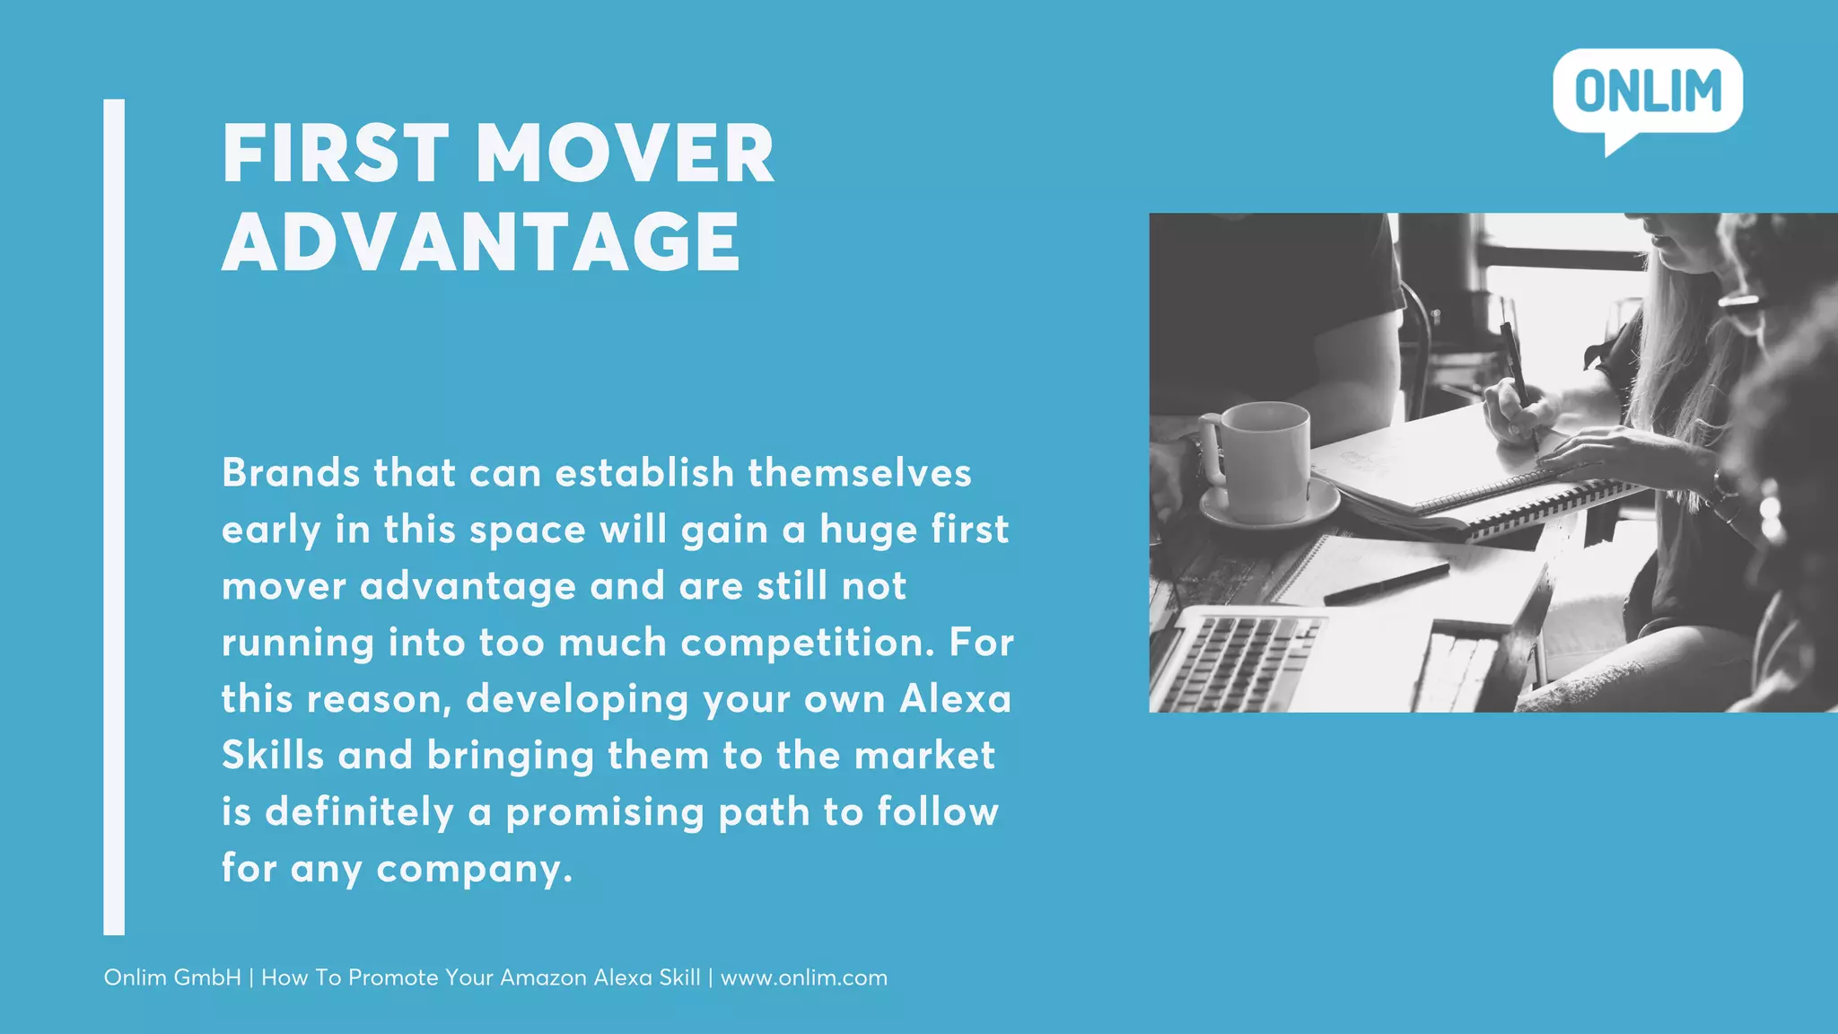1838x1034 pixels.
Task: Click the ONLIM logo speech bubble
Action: point(1648,92)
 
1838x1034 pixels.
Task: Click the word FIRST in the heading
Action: point(335,154)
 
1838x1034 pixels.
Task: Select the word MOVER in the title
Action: point(625,154)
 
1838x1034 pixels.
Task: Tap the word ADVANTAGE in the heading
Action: point(481,242)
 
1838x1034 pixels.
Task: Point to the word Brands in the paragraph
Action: point(290,473)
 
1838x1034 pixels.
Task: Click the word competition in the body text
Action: point(807,644)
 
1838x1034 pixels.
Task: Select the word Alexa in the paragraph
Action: point(955,699)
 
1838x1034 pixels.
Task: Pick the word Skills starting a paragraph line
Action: point(273,756)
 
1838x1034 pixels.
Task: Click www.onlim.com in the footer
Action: point(804,977)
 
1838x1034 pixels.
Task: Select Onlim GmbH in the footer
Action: point(172,977)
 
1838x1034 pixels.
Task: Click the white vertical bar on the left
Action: point(114,517)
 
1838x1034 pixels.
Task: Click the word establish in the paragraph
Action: point(644,473)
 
